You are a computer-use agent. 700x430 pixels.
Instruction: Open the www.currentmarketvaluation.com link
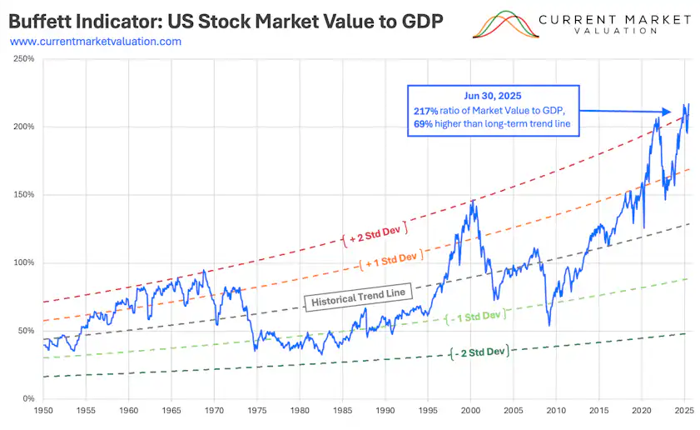95,41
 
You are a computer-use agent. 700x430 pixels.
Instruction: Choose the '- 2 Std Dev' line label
479,352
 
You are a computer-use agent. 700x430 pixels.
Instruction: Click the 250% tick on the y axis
22,59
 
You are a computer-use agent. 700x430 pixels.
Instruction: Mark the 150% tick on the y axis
22,195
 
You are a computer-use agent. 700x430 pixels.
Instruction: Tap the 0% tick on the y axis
27,398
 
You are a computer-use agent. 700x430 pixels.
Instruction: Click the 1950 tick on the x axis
42,411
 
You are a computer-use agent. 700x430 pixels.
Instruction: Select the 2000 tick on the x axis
471,411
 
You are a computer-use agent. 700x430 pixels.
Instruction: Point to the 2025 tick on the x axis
685,411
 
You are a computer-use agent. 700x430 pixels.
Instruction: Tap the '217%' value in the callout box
424,111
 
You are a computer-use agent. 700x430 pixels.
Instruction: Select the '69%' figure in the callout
423,124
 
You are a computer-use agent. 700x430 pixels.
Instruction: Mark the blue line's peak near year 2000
473,201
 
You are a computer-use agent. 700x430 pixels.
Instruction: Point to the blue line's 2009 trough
549,324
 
